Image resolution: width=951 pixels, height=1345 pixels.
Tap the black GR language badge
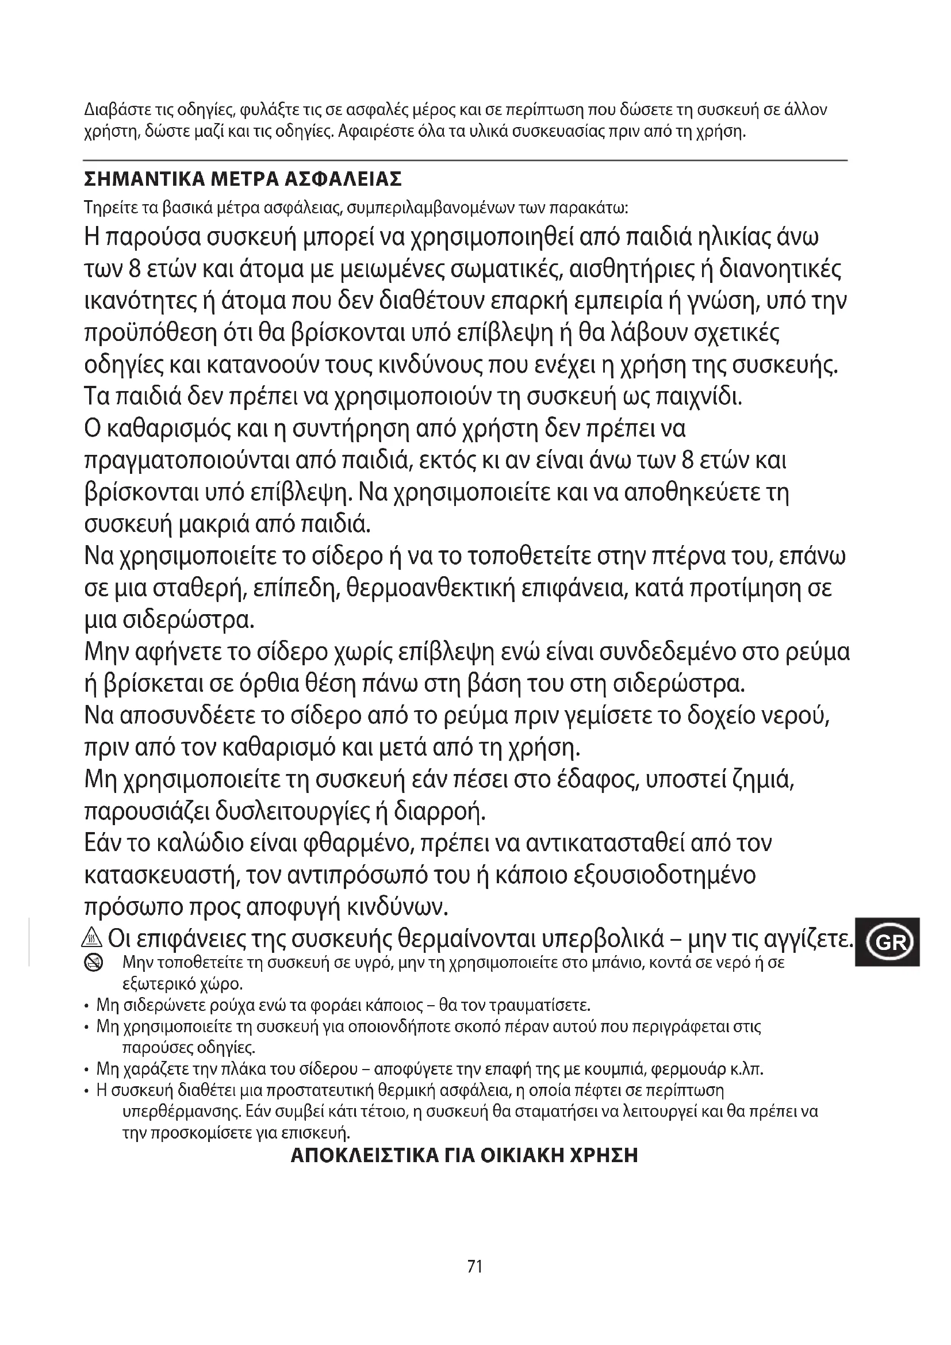pyautogui.click(x=888, y=942)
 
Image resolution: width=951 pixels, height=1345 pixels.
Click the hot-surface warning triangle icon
pyautogui.click(x=94, y=939)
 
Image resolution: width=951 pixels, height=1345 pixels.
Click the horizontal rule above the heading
pyautogui.click(x=465, y=160)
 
